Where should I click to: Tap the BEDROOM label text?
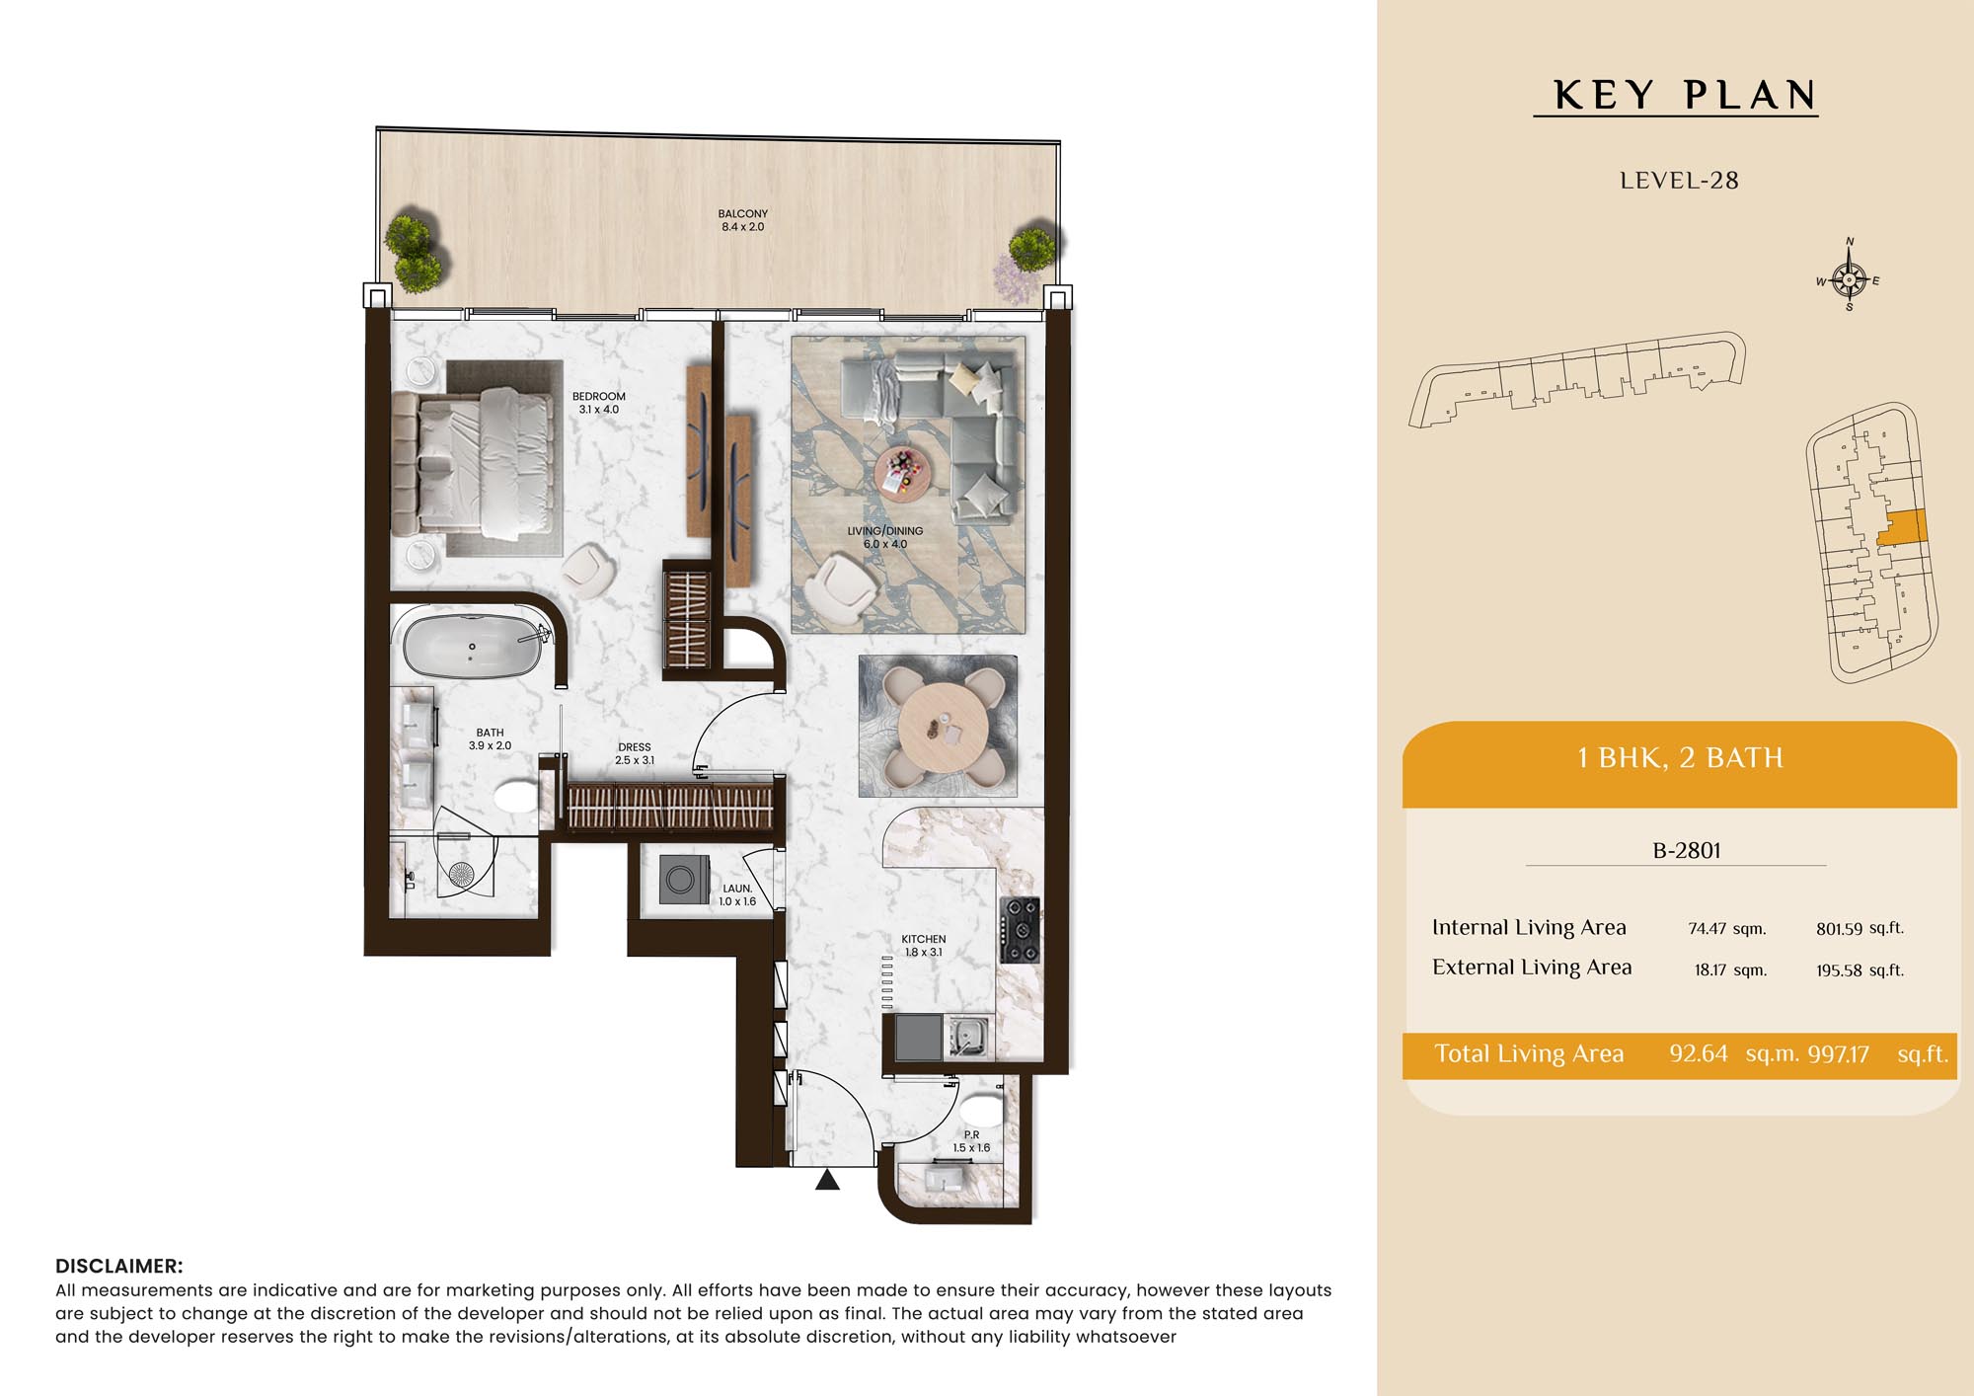pos(598,397)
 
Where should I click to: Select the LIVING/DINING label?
pos(885,531)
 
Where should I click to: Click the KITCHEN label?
pos(924,939)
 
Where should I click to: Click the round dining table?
pos(943,728)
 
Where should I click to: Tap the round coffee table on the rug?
pos(901,473)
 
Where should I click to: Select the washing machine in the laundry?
pos(684,879)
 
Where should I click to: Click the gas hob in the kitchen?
pos(1020,929)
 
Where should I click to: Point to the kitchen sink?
pos(967,1036)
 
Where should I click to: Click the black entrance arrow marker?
pos(827,1179)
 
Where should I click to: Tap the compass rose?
pos(1849,279)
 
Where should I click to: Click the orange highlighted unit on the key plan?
pos(1902,526)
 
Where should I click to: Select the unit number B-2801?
pos(1687,850)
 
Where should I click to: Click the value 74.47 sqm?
pos(1727,928)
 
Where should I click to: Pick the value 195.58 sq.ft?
pos(1860,969)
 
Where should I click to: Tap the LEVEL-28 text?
pos(1679,181)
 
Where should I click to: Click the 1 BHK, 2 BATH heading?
pos(1680,757)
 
